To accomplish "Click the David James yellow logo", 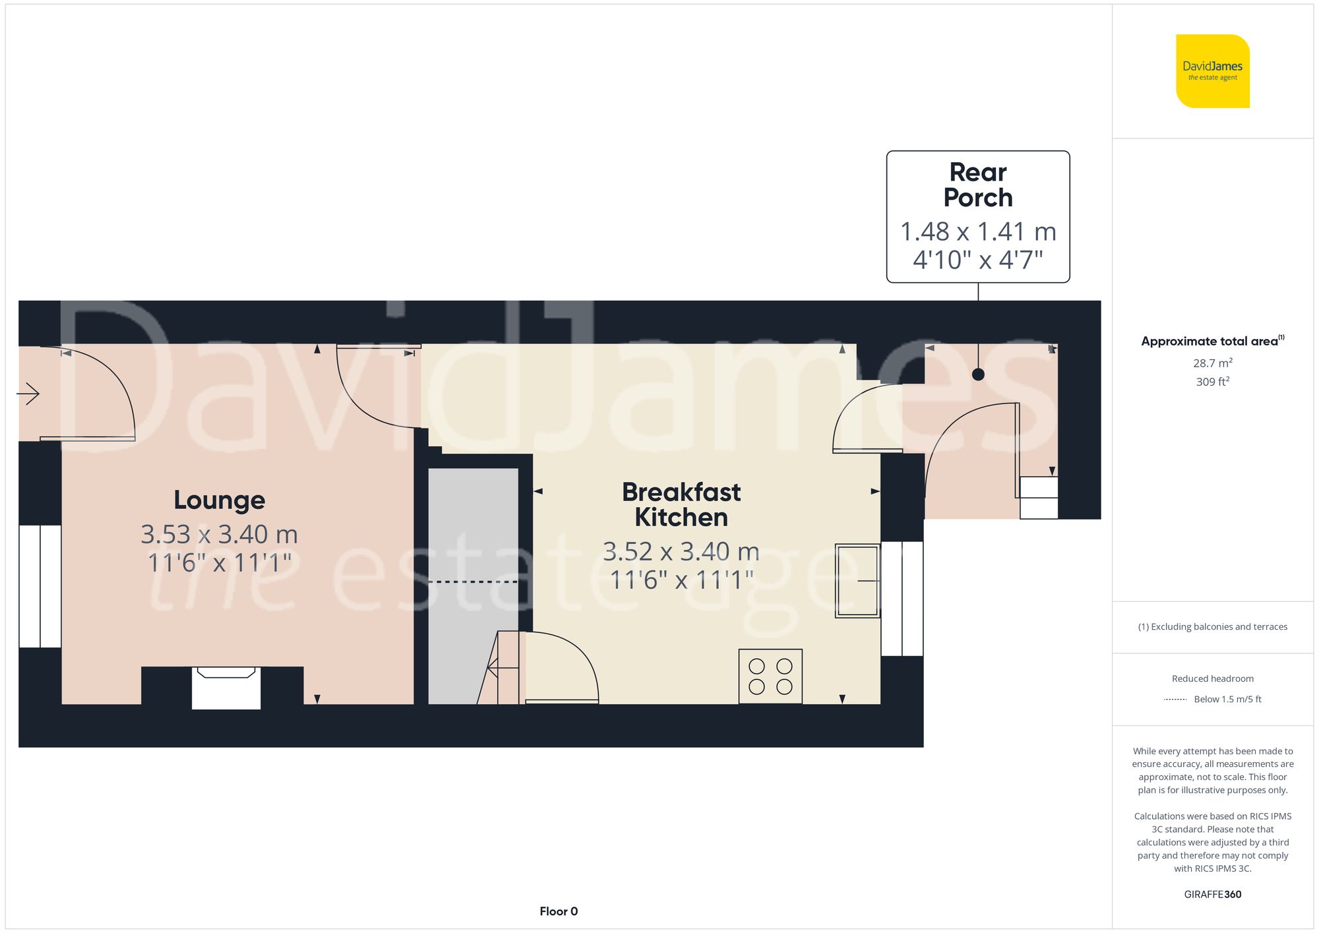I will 1212,71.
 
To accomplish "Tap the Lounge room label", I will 219,500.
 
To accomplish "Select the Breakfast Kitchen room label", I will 681,504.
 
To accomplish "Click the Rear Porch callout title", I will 977,185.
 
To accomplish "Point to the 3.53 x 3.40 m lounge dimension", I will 219,534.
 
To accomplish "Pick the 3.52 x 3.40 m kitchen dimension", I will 681,551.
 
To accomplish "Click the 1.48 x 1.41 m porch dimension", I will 977,231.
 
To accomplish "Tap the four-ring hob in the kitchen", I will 770,676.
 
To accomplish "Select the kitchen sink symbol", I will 857,580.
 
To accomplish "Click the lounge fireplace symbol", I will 226,687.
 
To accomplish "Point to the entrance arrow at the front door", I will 28,394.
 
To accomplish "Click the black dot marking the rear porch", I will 978,375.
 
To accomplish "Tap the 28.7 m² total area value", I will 1212,363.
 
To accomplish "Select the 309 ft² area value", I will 1212,381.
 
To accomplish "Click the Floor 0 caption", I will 558,911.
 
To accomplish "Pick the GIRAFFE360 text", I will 1212,894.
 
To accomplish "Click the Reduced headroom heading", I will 1212,678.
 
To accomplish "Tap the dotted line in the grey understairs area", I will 473,582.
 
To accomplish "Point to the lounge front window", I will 40,586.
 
